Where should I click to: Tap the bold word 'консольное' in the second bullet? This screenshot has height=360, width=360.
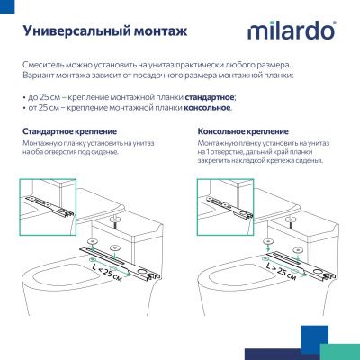[x=206, y=108]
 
